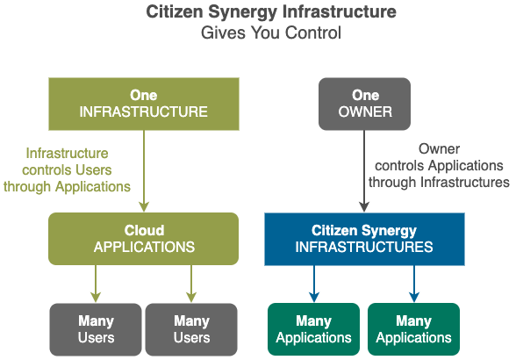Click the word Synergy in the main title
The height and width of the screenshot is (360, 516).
click(x=242, y=13)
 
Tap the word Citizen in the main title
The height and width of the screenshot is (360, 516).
click(x=175, y=12)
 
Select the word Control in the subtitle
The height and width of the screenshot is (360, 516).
click(x=313, y=32)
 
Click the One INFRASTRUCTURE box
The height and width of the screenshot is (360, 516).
click(x=144, y=104)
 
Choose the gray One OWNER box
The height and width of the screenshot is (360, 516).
click(x=365, y=104)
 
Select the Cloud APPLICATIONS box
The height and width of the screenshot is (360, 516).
click(x=144, y=239)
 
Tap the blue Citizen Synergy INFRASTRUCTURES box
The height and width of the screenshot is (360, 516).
click(x=365, y=239)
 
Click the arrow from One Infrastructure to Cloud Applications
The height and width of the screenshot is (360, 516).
click(x=144, y=171)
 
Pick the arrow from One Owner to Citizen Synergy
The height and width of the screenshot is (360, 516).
click(x=364, y=171)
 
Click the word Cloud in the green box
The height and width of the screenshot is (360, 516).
click(x=144, y=230)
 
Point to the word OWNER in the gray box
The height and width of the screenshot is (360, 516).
click(x=365, y=112)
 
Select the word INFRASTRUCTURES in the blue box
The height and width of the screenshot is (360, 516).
click(x=364, y=247)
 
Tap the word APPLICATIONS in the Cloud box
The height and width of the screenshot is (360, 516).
click(x=144, y=247)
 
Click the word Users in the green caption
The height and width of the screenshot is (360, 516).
click(x=93, y=170)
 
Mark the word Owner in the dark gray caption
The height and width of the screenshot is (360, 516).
click(x=439, y=149)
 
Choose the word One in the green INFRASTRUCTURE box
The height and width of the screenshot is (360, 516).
click(x=144, y=95)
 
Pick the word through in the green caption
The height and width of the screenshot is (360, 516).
click(x=28, y=187)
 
